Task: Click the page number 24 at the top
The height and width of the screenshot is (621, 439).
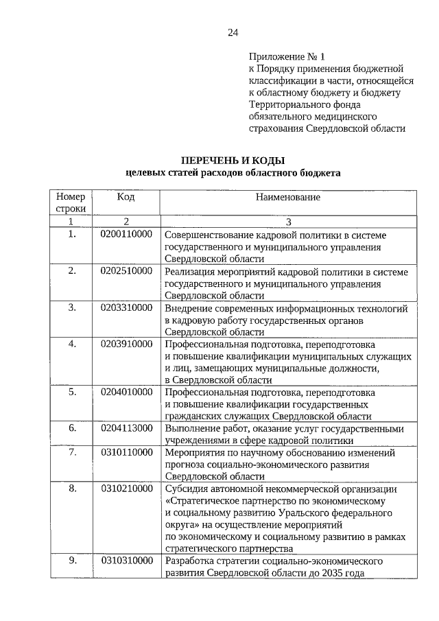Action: (x=233, y=33)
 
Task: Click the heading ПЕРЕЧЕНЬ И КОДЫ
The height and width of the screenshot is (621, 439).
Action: (x=233, y=160)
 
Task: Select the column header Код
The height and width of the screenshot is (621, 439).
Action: (x=126, y=197)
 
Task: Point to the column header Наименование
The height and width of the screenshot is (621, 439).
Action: (x=288, y=197)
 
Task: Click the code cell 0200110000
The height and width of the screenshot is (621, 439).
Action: (x=126, y=235)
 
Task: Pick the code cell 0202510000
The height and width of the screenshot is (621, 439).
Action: (x=126, y=271)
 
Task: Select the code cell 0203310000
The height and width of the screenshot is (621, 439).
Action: (x=126, y=307)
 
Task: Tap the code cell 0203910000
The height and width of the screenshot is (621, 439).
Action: (x=126, y=344)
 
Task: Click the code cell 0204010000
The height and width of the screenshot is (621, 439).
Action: (x=126, y=392)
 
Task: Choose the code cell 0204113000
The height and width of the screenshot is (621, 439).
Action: (x=126, y=428)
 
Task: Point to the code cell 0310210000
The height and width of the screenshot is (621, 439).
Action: (x=126, y=489)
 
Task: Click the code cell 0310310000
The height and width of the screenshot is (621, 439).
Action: (x=126, y=561)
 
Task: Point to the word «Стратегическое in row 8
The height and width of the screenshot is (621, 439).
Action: (x=202, y=501)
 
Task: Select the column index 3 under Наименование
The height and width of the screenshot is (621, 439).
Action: (x=288, y=222)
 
